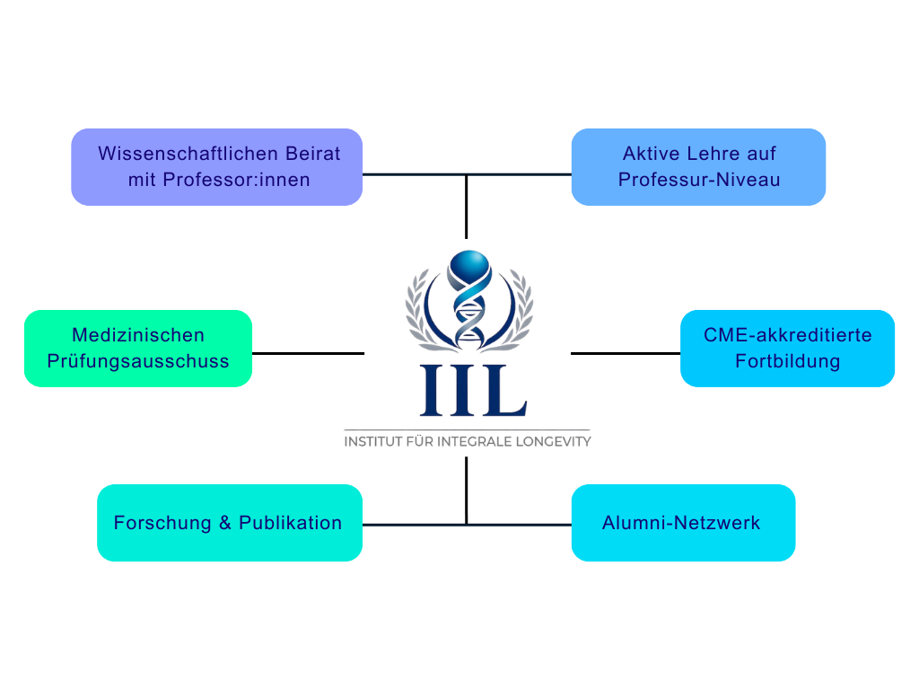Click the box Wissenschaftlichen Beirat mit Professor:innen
click(x=217, y=166)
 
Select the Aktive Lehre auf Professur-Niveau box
click(x=698, y=166)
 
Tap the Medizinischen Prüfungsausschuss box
click(x=138, y=348)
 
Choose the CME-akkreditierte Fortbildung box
click(x=787, y=348)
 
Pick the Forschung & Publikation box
click(x=230, y=523)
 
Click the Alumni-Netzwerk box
click(x=683, y=523)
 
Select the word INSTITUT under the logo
click(x=373, y=442)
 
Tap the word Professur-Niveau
click(x=699, y=180)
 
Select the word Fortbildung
click(x=787, y=361)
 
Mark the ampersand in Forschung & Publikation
click(x=224, y=523)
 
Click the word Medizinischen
click(x=138, y=335)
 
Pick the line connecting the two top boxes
click(x=467, y=174)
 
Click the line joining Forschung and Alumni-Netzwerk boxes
click(x=467, y=524)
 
